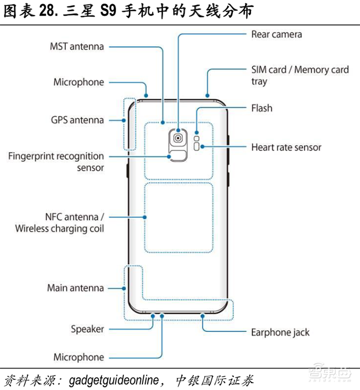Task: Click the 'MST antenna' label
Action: click(77, 47)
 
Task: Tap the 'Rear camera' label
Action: click(276, 34)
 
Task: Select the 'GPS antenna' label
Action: click(77, 119)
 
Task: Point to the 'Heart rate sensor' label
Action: click(286, 147)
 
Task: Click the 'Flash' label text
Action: click(261, 108)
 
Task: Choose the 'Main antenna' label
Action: click(76, 288)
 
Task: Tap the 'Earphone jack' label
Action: click(280, 332)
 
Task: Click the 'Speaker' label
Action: click(87, 329)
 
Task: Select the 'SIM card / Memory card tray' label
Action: click(300, 75)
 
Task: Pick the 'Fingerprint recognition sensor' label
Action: click(56, 162)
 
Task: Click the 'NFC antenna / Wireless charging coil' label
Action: click(59, 222)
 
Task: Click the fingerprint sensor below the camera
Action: click(179, 156)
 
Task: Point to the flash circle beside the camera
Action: click(196, 132)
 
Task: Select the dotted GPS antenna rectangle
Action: click(130, 124)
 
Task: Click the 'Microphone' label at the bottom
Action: click(79, 357)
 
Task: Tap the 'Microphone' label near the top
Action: click(79, 82)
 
